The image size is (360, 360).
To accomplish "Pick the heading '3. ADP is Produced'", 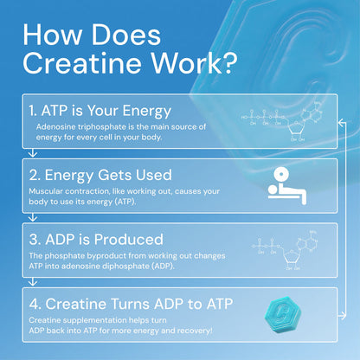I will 96,238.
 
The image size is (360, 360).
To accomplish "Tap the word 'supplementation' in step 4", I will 95,319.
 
